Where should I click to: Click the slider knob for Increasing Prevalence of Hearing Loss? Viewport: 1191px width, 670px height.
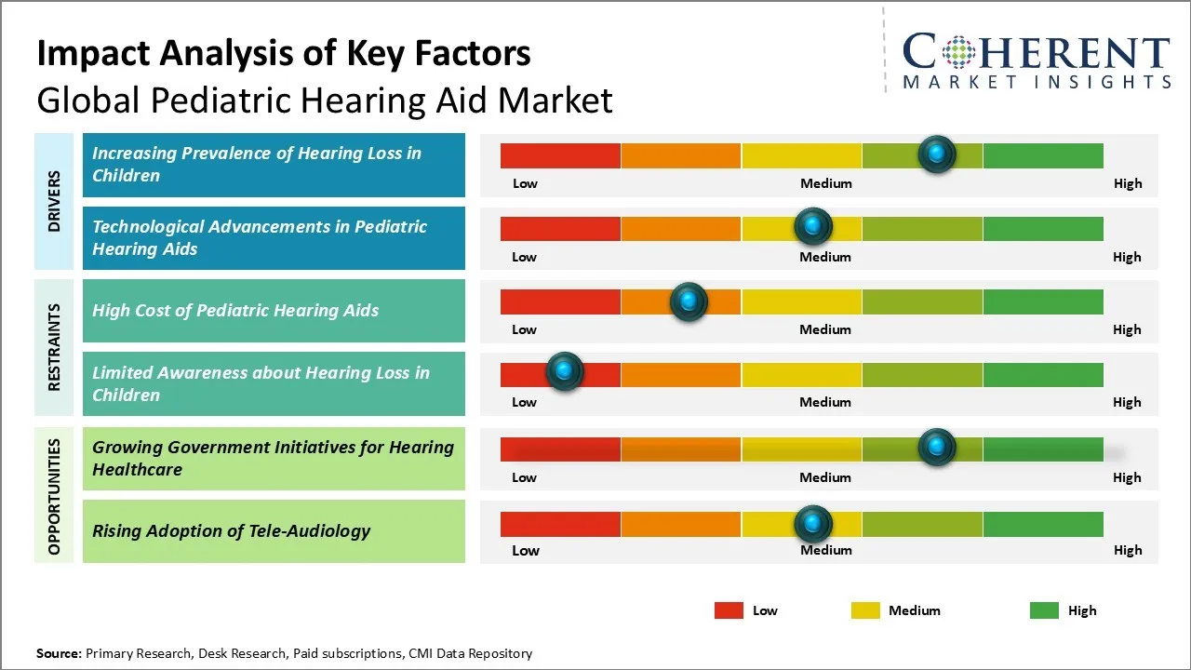[936, 154]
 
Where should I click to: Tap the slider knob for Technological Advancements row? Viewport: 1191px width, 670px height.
[813, 226]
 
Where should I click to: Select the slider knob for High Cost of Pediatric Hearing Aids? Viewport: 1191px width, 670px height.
[689, 301]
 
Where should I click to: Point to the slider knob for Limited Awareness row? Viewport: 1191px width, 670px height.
[564, 371]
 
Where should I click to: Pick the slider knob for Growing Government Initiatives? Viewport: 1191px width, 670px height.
[936, 448]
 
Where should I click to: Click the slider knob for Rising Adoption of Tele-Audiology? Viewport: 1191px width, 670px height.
[813, 524]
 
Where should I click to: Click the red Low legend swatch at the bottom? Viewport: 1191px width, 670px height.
[729, 610]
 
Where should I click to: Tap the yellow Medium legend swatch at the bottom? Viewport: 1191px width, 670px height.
[865, 610]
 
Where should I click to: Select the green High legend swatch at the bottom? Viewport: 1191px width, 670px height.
[1044, 610]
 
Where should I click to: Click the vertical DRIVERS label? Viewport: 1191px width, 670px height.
[54, 201]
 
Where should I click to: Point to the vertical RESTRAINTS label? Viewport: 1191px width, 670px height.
[54, 346]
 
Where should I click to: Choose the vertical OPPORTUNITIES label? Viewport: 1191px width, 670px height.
[54, 497]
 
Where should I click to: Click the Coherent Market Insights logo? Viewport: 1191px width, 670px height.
[1036, 60]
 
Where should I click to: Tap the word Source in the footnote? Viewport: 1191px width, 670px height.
[58, 653]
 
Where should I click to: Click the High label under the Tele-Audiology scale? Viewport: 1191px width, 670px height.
[1128, 550]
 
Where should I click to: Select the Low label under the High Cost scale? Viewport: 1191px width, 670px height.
[524, 329]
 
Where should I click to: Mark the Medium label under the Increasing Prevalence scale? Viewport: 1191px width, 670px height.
[825, 183]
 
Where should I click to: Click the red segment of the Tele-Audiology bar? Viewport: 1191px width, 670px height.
[560, 524]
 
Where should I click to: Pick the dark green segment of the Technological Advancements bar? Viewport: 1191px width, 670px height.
[1042, 228]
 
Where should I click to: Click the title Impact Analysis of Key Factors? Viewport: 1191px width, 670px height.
[284, 54]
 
